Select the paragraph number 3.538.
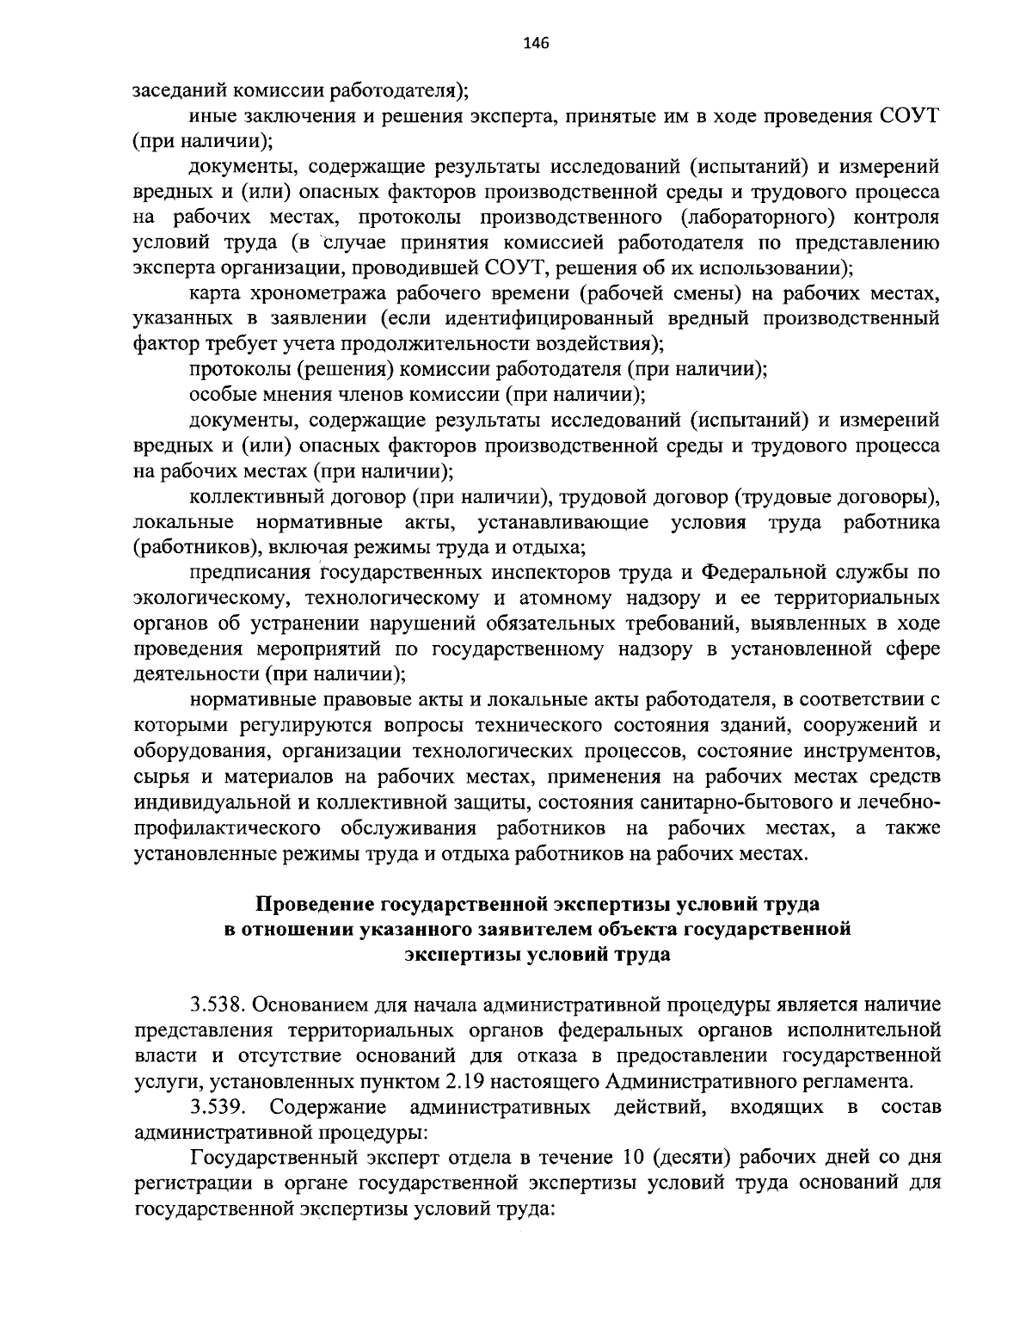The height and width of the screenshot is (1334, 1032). pos(215,1004)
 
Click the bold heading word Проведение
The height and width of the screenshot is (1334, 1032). pos(318,904)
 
